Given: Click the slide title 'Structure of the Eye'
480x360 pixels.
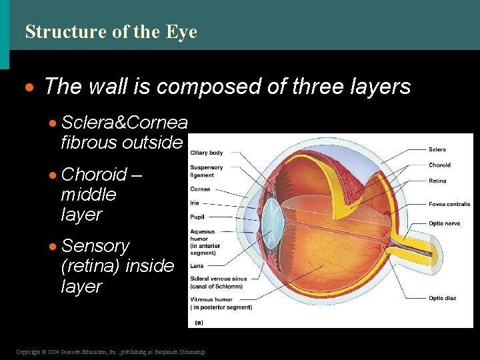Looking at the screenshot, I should [111, 32].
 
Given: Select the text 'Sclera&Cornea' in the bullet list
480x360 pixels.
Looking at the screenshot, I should [124, 123].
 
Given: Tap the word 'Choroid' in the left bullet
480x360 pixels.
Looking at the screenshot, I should [94, 175].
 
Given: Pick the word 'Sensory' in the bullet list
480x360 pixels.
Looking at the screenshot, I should [95, 246].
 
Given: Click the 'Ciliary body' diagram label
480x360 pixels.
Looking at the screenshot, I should [206, 153].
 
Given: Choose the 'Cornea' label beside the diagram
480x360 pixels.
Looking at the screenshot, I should [200, 189].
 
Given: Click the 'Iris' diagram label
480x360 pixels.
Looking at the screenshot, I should [195, 203].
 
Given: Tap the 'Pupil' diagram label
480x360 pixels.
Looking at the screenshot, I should [197, 217].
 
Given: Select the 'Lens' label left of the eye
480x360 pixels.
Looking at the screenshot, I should [197, 266].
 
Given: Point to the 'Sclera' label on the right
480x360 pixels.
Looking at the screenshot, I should [437, 149].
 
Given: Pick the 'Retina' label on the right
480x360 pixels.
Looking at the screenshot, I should [437, 181].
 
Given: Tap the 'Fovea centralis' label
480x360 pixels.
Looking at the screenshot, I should [449, 204].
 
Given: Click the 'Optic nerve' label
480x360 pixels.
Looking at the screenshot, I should [444, 223].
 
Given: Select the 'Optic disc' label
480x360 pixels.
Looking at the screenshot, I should [442, 298].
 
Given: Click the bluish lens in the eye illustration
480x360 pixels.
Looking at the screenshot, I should [271, 217].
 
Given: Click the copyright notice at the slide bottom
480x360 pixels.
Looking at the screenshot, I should [111, 351].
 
